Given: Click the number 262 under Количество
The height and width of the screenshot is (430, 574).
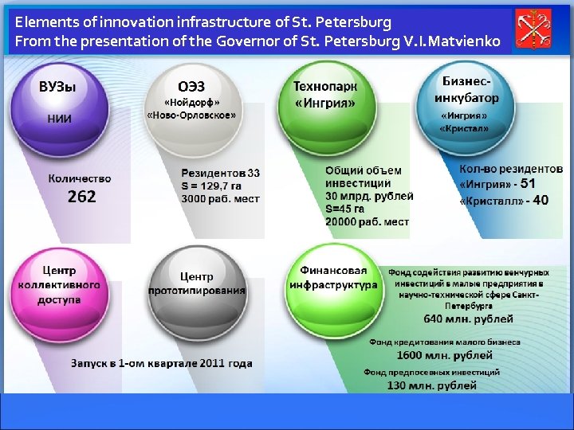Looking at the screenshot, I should [x=81, y=197].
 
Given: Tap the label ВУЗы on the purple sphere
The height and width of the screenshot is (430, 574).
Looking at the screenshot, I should [x=57, y=88].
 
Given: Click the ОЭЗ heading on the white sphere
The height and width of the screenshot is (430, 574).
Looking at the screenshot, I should [x=191, y=86].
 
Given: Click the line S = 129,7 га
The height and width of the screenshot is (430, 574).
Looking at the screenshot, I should [x=213, y=186].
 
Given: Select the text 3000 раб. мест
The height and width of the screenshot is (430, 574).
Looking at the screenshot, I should [x=220, y=198].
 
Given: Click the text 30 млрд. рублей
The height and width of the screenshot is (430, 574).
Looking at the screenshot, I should [x=369, y=196].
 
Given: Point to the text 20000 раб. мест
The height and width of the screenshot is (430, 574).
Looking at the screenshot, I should [x=367, y=221].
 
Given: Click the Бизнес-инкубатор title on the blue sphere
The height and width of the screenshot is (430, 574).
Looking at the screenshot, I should [x=466, y=89].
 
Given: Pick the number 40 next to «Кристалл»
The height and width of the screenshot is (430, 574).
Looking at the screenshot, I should [x=540, y=201].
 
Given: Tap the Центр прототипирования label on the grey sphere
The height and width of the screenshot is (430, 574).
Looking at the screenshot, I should [x=196, y=283].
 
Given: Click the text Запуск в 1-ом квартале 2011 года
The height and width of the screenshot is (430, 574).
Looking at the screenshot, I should [x=161, y=363].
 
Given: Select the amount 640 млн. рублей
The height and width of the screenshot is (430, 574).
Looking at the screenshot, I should [x=468, y=319].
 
